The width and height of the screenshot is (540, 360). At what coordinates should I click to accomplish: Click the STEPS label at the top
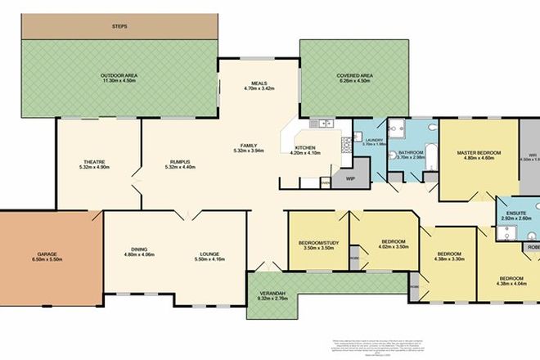pos(119,27)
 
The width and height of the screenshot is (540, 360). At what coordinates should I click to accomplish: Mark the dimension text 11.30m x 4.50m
pos(119,79)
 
